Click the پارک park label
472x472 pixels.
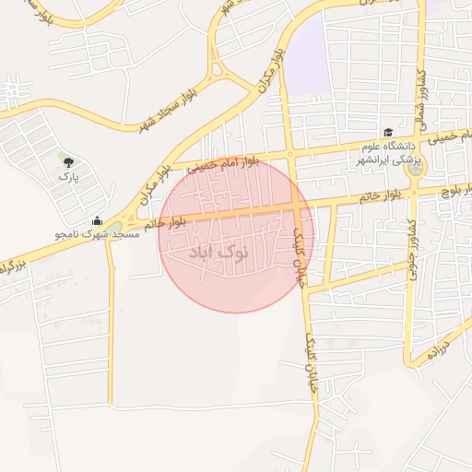pos(68,175)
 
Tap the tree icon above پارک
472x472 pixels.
pos(68,161)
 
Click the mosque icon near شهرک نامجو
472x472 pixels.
pos(98,220)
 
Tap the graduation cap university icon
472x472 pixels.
pos(387,133)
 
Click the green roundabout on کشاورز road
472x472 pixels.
pos(415,167)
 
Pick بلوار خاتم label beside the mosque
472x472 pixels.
pos(164,221)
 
